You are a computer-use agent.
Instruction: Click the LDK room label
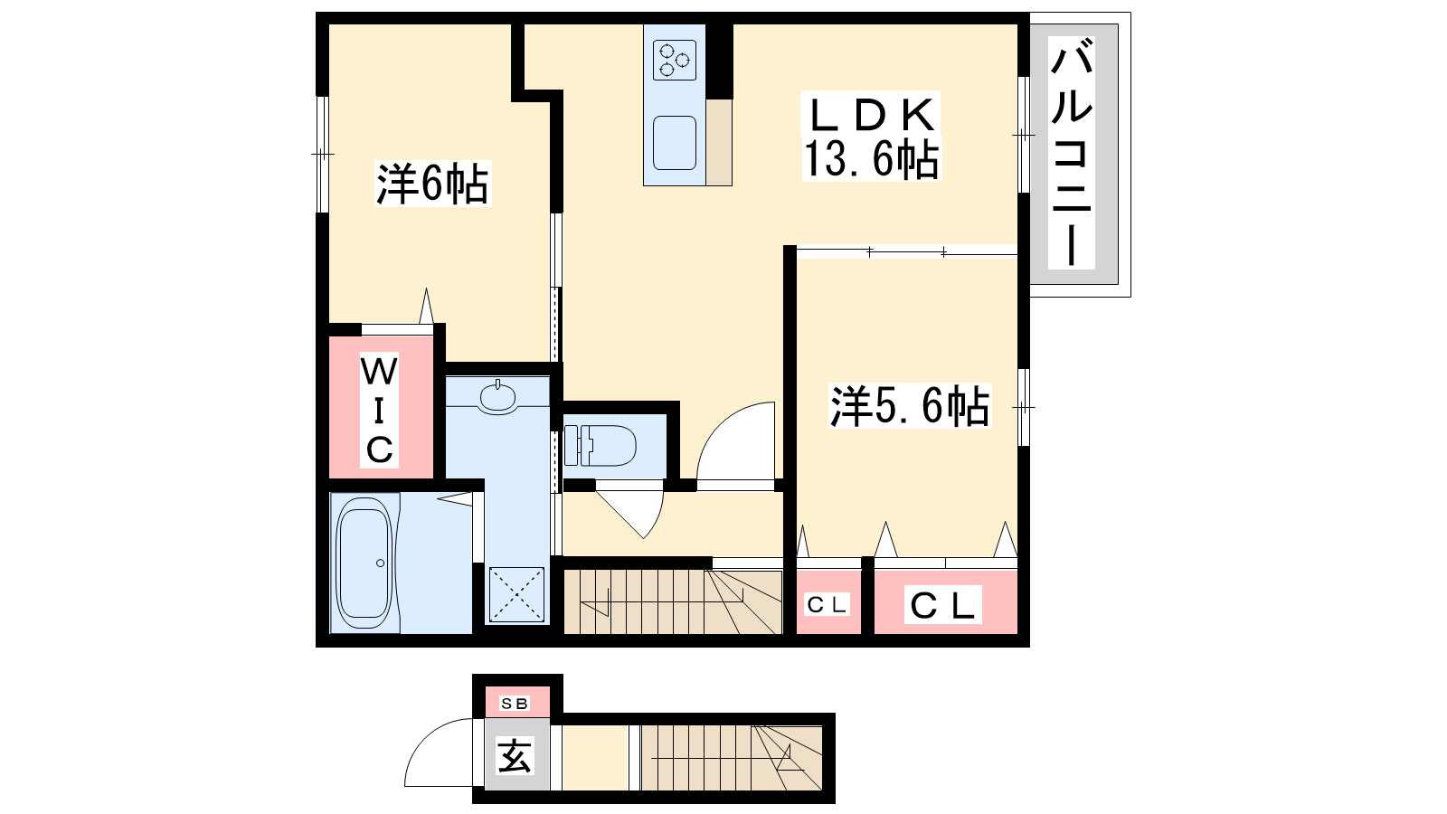click(x=870, y=115)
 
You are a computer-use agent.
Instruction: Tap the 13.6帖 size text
click(x=872, y=159)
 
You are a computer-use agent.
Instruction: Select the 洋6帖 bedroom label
click(x=432, y=185)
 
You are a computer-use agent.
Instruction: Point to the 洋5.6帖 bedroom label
click(x=910, y=406)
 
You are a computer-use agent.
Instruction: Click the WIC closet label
click(x=379, y=411)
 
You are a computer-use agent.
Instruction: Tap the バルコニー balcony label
click(x=1072, y=153)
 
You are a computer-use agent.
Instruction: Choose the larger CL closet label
click(x=941, y=605)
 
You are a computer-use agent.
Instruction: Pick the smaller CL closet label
click(x=827, y=605)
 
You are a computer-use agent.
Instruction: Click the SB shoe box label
click(x=515, y=704)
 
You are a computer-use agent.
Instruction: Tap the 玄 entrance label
click(x=515, y=756)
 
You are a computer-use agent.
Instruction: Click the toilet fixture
click(x=601, y=445)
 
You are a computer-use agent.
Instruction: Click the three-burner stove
click(x=675, y=60)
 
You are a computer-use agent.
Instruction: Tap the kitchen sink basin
click(x=675, y=143)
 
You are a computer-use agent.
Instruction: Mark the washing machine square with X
click(x=516, y=595)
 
